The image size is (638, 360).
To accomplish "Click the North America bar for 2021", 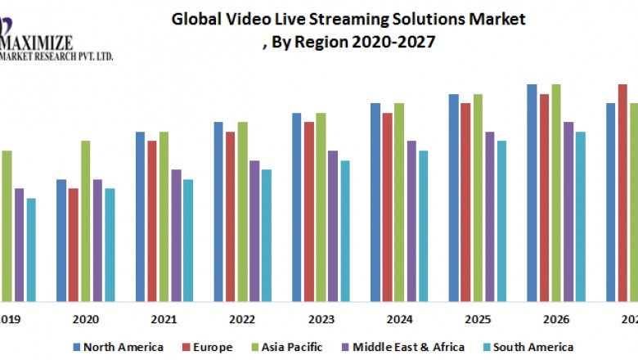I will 141,216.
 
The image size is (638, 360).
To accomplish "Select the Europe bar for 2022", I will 231,216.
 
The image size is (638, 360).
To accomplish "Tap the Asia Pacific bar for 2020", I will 85,221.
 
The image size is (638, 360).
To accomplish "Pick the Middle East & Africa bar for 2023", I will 333,226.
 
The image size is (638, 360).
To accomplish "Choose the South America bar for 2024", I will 423,226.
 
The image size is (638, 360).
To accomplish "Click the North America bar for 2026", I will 532,192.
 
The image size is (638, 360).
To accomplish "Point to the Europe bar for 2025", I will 465,202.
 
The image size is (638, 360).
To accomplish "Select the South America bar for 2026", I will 580,216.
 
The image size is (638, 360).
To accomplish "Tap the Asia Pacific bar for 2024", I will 399,202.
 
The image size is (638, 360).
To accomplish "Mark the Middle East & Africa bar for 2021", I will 176,236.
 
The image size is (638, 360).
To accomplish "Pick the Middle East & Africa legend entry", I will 406,347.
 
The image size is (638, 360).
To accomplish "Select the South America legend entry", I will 532,347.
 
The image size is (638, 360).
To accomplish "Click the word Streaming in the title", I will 352,19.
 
